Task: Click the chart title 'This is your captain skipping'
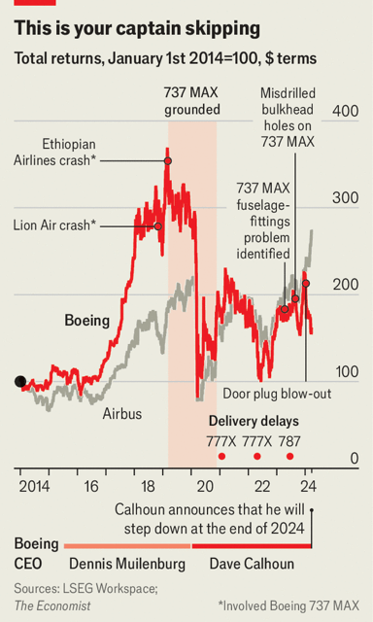pyautogui.click(x=137, y=29)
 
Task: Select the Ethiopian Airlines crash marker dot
pyautogui.click(x=168, y=161)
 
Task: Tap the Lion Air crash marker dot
pyautogui.click(x=157, y=226)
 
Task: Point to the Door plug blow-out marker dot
pyautogui.click(x=306, y=284)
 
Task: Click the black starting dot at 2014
pyautogui.click(x=20, y=382)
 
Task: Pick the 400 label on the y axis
pyautogui.click(x=345, y=111)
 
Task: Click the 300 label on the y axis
pyautogui.click(x=345, y=198)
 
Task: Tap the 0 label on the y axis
pyautogui.click(x=354, y=459)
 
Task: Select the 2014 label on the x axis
pyautogui.click(x=35, y=486)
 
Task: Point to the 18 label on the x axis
pyautogui.click(x=148, y=486)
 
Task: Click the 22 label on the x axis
pyautogui.click(x=262, y=486)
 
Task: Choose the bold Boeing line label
pyautogui.click(x=86, y=321)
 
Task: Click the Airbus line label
pyautogui.click(x=122, y=414)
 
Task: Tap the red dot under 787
pyautogui.click(x=289, y=457)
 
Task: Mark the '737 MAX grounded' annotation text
pyautogui.click(x=191, y=101)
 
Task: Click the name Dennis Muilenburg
pyautogui.click(x=127, y=564)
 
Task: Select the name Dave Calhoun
pyautogui.click(x=252, y=564)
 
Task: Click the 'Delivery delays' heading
pyautogui.click(x=254, y=421)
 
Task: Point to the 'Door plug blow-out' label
pyautogui.click(x=277, y=394)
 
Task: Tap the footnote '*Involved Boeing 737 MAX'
pyautogui.click(x=288, y=605)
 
